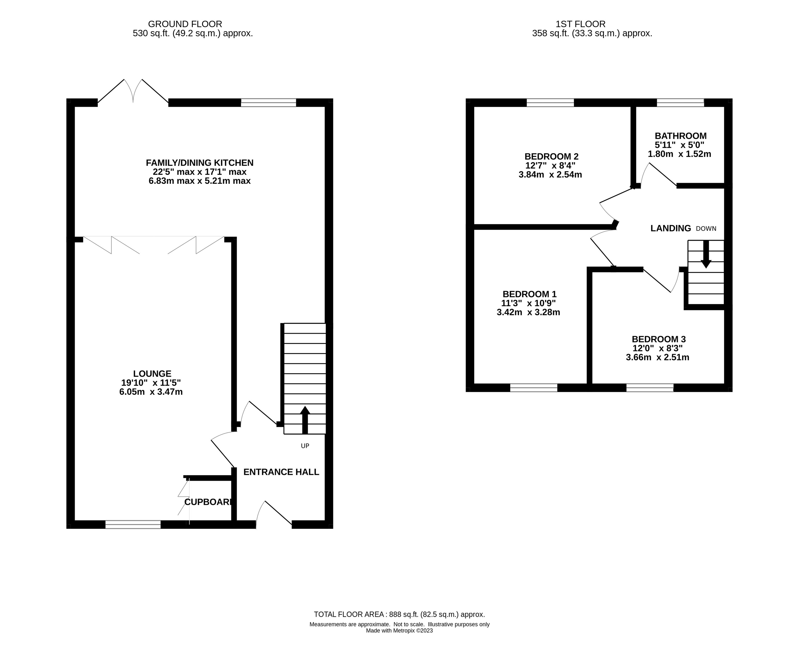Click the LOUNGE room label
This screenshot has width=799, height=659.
point(152,374)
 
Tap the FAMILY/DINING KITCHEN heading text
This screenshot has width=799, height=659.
point(200,163)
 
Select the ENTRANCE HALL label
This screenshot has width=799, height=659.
point(281,472)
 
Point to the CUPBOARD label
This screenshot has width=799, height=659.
point(208,502)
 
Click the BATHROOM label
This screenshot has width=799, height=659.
point(681,136)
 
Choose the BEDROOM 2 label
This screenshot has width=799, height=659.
point(551,157)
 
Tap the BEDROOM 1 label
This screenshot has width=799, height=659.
point(530,294)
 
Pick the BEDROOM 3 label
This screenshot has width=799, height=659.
point(659,339)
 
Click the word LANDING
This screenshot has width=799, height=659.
point(671,228)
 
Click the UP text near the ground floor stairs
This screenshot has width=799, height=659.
point(305,446)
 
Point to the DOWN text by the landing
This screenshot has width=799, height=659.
point(706,228)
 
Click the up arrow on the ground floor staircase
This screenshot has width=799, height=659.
point(305,420)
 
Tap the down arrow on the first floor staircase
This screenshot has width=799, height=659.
point(706,254)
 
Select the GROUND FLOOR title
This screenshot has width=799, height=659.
point(185,24)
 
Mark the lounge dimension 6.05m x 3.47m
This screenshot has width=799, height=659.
point(151,392)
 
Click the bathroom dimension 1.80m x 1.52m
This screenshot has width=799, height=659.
point(679,154)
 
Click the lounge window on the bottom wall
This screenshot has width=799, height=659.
point(133,525)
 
